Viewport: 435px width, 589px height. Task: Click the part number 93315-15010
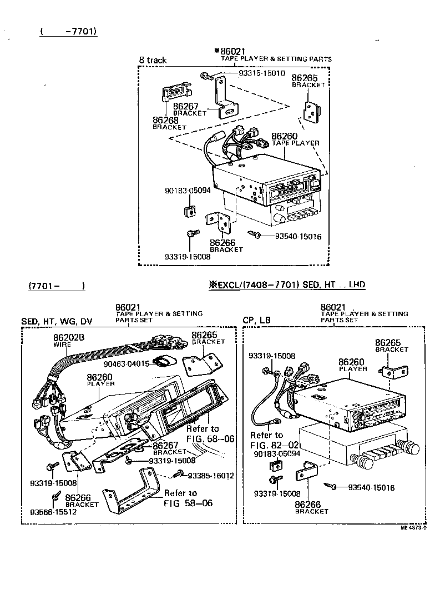[x=262, y=73]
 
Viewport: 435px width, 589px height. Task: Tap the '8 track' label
[x=153, y=60]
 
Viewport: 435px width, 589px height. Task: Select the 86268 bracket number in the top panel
[x=165, y=120]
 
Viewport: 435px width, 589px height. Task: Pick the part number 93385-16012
[x=211, y=475]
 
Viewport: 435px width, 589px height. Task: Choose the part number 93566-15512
[x=53, y=512]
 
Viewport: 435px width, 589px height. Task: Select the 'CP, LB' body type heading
[x=257, y=321]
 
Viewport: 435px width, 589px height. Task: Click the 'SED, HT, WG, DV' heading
[x=57, y=322]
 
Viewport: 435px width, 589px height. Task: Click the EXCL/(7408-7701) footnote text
[x=287, y=285]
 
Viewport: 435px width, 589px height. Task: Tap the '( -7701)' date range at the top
[x=68, y=31]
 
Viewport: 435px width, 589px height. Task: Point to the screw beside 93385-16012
[x=179, y=474]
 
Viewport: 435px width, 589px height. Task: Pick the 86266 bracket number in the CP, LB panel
[x=308, y=505]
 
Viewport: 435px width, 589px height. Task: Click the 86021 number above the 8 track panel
[x=233, y=52]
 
